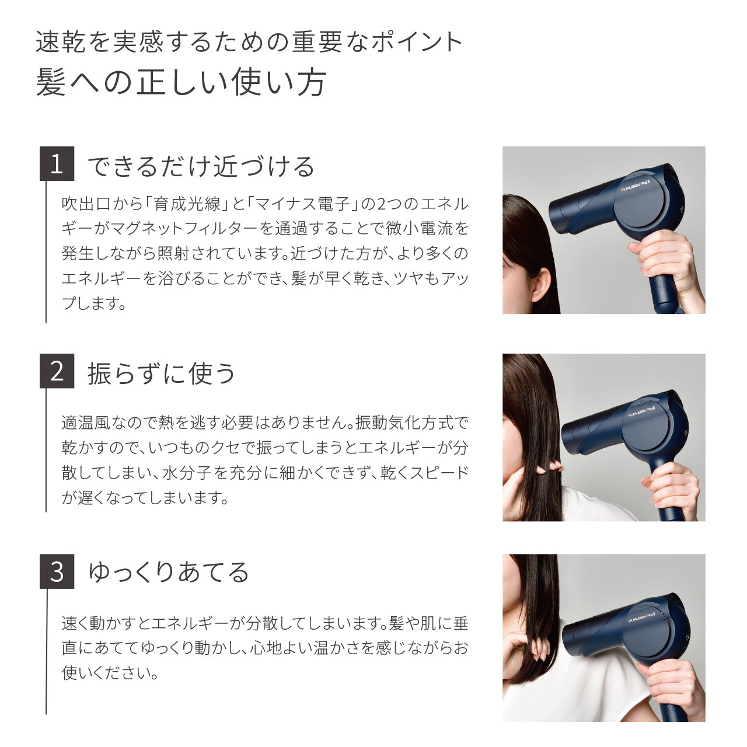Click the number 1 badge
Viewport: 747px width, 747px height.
click(57, 164)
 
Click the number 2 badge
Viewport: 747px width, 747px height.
click(57, 371)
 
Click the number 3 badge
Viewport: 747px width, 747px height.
click(57, 571)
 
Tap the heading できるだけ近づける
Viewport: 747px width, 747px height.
click(201, 166)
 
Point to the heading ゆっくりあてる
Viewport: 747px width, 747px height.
click(169, 573)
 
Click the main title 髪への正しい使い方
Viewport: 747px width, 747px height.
click(181, 82)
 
